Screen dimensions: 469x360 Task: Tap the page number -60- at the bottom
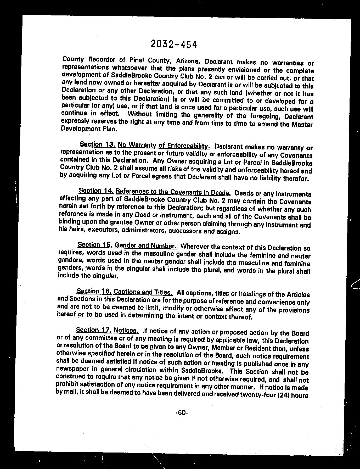tap(182, 413)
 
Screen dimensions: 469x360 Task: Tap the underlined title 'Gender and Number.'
tap(146, 246)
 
